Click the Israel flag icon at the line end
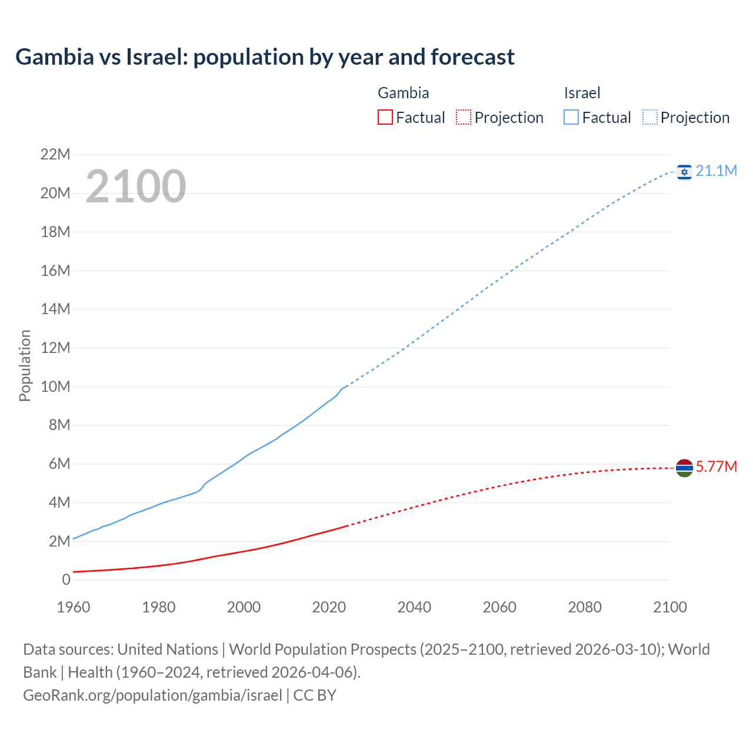pos(684,172)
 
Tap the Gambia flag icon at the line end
pos(684,468)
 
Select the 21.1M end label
pos(716,171)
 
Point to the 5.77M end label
pos(716,467)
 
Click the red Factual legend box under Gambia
pos(385,117)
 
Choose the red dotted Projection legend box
pos(464,117)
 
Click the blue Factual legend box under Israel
pos(571,117)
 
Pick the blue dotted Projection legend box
pos(650,117)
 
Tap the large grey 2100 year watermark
pos(136,186)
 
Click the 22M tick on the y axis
pos(55,155)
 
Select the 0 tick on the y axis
pos(66,579)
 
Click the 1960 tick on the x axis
pos(74,607)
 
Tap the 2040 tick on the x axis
pos(414,607)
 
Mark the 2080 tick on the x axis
pos(585,607)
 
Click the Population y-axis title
pos(25,365)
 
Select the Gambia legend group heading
pos(403,93)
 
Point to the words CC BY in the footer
pos(315,695)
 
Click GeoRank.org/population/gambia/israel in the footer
pos(152,695)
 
